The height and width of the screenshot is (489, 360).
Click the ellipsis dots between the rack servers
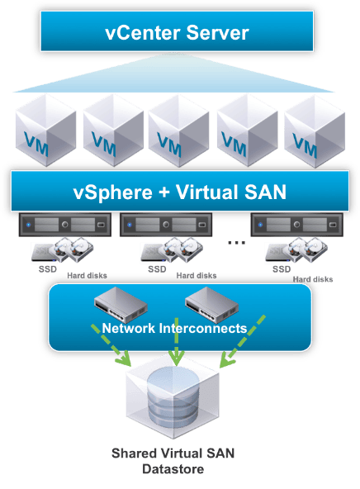tap(235, 242)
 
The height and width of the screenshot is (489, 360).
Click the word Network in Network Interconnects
tap(131, 329)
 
